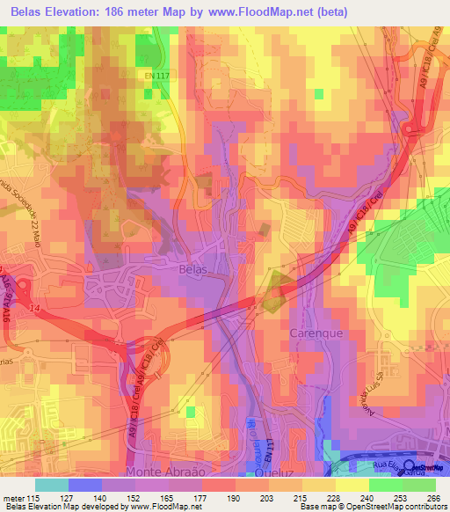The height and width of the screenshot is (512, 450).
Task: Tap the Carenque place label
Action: pos(313,334)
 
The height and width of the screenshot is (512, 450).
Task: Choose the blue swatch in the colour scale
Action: pos(85,485)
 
